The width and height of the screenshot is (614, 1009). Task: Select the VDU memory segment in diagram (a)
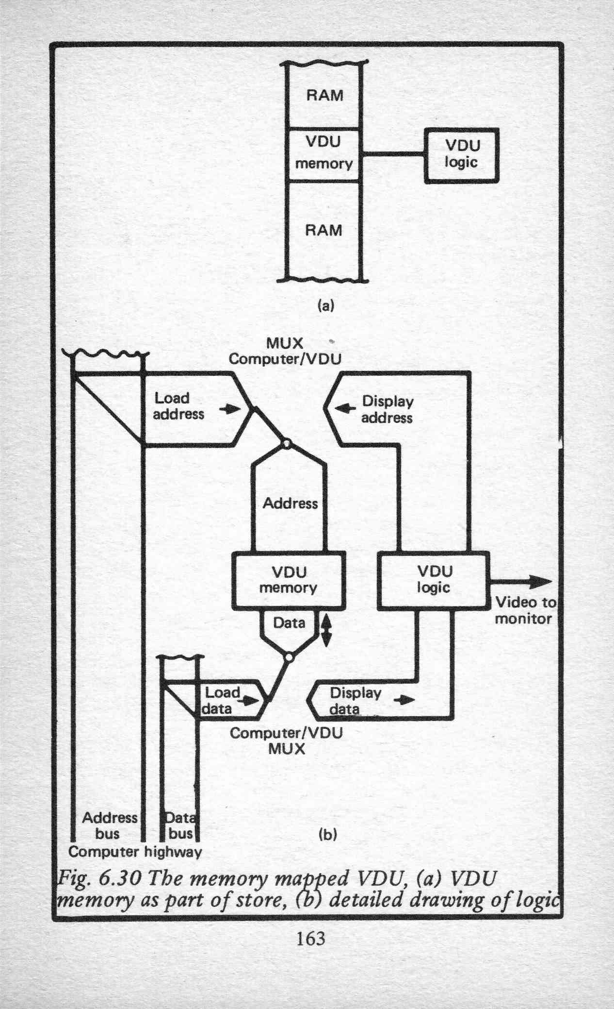(324, 154)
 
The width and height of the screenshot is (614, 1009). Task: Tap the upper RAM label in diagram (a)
(324, 95)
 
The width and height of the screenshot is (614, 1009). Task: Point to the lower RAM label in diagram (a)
(323, 230)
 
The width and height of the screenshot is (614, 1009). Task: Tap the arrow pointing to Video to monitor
(520, 581)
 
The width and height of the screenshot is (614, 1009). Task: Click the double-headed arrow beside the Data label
(325, 630)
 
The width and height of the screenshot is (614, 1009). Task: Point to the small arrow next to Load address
(230, 409)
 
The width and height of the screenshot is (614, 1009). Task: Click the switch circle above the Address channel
(287, 443)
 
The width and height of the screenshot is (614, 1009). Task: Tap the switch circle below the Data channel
(289, 657)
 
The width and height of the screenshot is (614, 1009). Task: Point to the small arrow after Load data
(251, 701)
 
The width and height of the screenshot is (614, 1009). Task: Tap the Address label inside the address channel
(290, 503)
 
